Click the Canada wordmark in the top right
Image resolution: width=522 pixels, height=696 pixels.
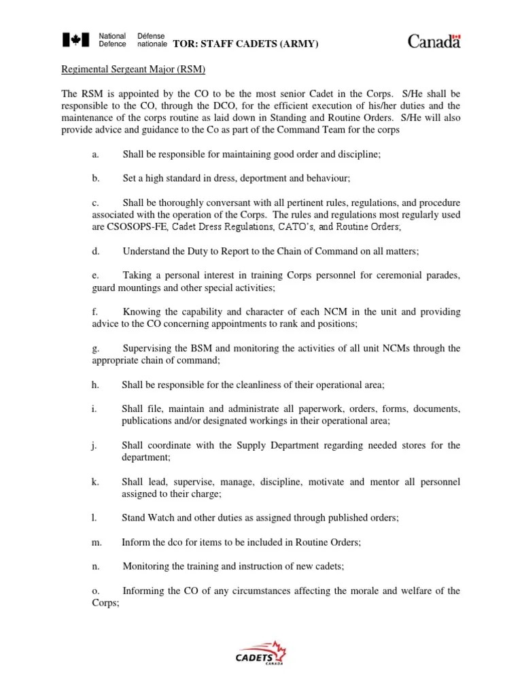pos(434,41)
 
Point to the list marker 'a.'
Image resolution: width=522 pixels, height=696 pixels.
pos(96,154)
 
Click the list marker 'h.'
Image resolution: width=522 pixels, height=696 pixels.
pos(96,385)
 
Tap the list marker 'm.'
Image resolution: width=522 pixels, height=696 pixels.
pos(97,542)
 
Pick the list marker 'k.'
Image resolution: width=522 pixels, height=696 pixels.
pos(96,482)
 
